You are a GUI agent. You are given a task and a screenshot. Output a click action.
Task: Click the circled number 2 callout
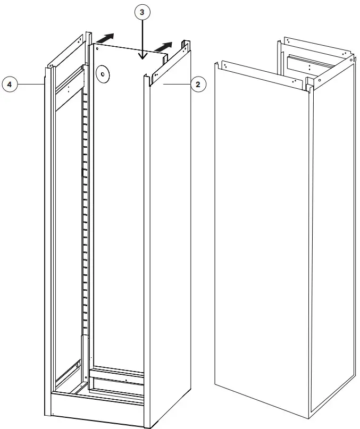pos(198,84)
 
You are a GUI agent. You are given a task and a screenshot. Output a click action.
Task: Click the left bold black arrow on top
pos(105,38)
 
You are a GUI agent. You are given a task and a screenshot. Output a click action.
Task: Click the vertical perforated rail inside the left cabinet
pos(85,202)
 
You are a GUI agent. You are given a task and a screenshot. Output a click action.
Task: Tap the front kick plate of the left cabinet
pos(96,409)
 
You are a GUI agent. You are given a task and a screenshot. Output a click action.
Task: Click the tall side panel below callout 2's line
pos(169,239)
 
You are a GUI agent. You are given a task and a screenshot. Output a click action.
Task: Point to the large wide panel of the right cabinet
pos(261,239)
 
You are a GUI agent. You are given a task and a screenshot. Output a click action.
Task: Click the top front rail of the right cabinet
pos(261,74)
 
